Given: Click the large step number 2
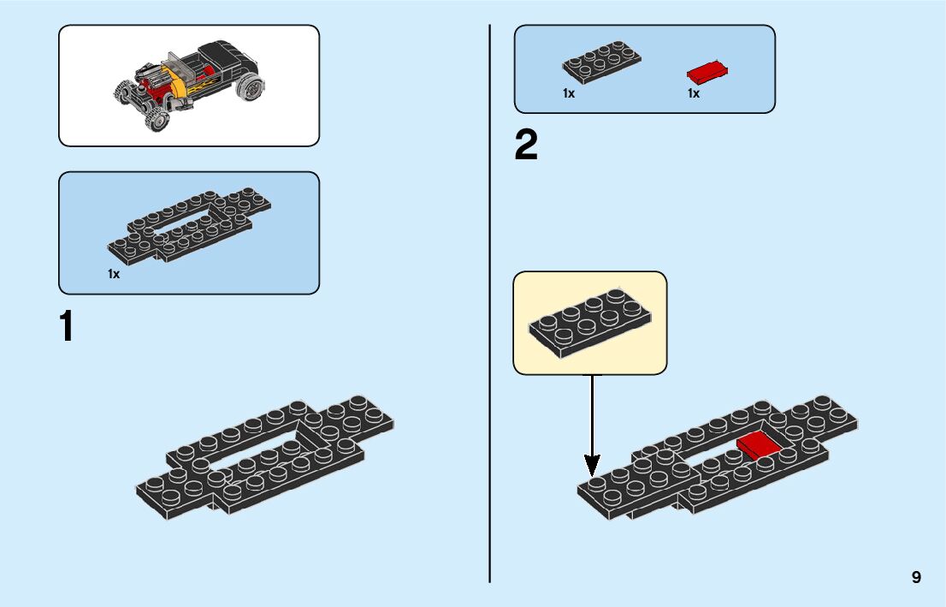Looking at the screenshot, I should coord(526,146).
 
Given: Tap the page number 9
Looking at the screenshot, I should coord(916,577).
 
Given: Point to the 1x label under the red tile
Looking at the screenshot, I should coord(693,93).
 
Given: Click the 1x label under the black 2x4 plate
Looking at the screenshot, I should coord(569,93).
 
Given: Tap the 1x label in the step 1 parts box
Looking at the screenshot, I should coord(113,274).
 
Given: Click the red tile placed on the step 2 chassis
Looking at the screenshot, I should coord(759,446).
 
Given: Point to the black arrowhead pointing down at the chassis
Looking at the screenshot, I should coord(592,467).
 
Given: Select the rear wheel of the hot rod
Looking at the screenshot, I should coord(251,87).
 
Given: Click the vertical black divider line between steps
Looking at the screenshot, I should coord(489,303).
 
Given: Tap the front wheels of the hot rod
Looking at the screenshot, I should coord(141,107).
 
